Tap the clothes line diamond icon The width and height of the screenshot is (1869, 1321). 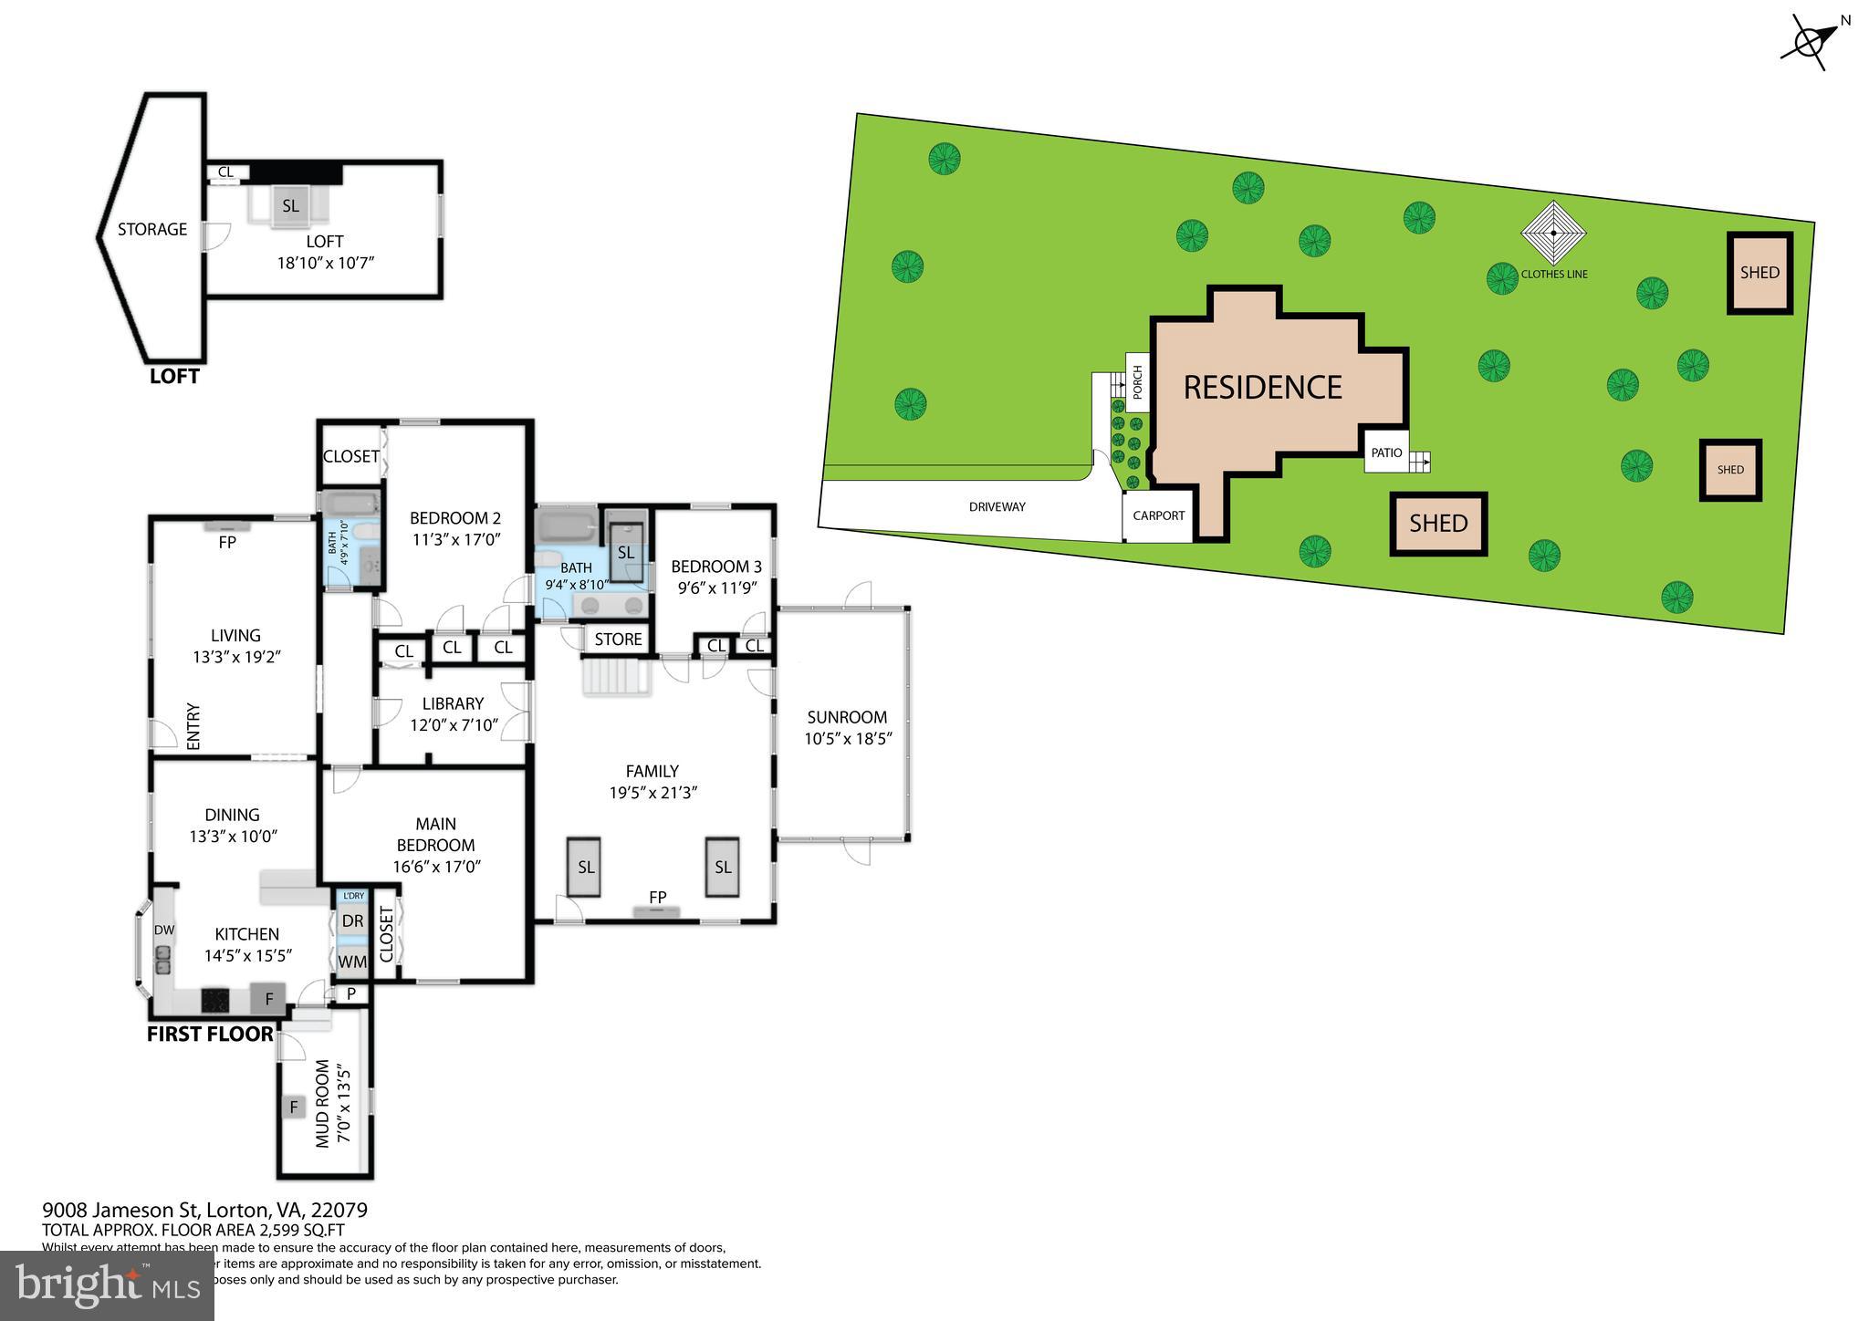(1553, 234)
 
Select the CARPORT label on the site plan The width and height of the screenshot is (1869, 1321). (1158, 515)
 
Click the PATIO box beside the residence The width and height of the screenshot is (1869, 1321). (1386, 452)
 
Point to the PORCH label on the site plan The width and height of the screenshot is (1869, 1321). (1137, 383)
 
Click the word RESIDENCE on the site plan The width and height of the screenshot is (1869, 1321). (1262, 388)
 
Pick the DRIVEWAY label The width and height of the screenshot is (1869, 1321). (997, 507)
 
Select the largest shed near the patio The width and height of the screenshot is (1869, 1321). (1438, 524)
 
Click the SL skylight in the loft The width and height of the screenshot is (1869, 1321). (290, 206)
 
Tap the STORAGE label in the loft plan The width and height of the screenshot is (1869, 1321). (152, 230)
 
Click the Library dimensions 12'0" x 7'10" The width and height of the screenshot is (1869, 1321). (454, 725)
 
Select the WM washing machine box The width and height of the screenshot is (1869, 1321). (352, 962)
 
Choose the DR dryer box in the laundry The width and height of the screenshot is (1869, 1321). (352, 921)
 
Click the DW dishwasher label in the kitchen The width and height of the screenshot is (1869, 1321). (164, 930)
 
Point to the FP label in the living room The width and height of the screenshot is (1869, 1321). (227, 542)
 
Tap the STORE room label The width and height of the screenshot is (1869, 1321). (618, 640)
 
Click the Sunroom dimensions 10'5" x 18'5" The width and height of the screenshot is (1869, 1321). (847, 739)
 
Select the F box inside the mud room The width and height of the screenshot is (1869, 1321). (294, 1108)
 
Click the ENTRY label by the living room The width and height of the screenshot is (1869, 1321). (193, 726)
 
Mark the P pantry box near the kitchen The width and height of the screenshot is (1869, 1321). (350, 993)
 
